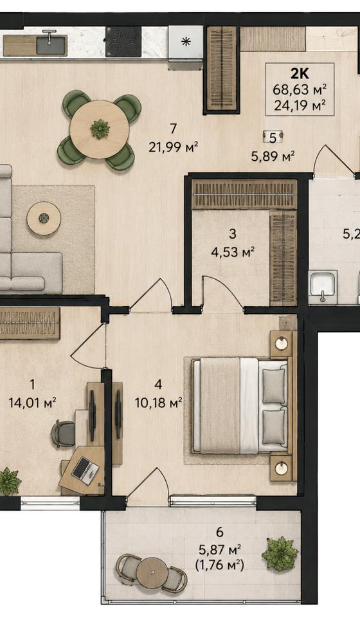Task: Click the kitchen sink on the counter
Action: coord(51,44)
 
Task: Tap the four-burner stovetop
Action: coord(123,42)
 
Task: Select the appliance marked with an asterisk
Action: coord(186,42)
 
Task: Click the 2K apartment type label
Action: coord(300,73)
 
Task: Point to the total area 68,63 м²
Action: coord(300,89)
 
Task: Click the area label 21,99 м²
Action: coord(174,146)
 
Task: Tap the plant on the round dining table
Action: coord(100,129)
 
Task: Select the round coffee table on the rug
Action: coord(44,218)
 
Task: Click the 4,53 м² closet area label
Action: coord(233,251)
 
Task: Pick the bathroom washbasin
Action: coord(323,286)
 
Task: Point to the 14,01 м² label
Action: coord(32,403)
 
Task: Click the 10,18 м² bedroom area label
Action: coord(158,403)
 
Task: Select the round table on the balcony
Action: coord(152,572)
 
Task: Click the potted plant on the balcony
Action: coord(280,554)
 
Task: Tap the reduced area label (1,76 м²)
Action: coord(220,565)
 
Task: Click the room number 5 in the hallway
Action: coord(273,138)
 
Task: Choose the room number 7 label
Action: coord(174,129)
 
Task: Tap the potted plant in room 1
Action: coord(9,482)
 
